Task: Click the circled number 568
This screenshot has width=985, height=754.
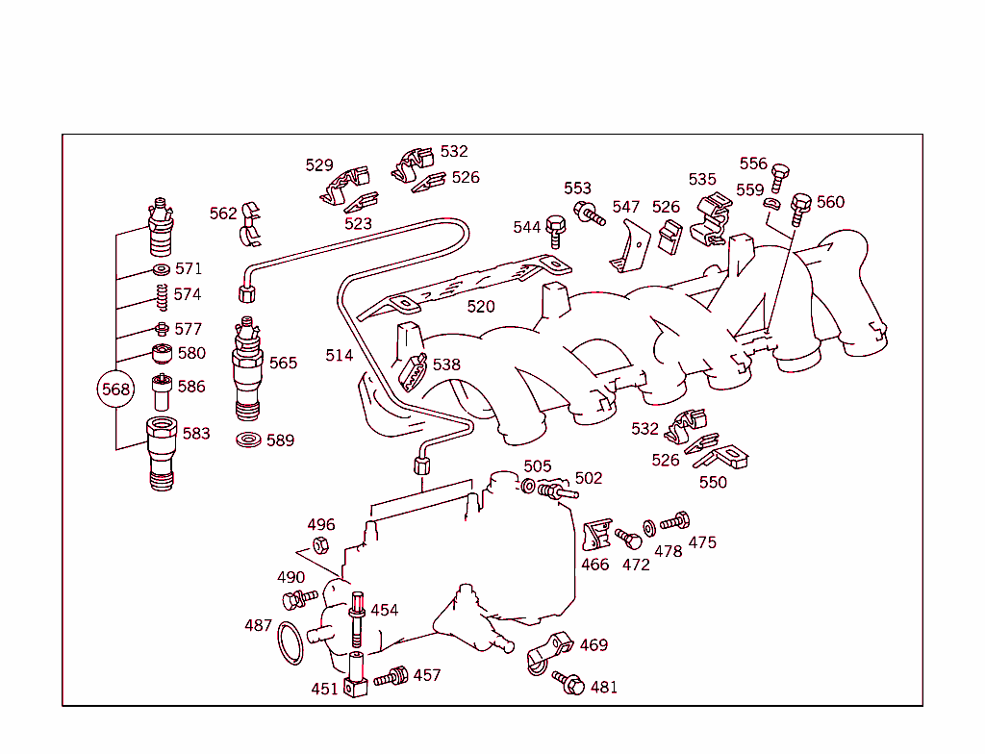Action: pos(114,390)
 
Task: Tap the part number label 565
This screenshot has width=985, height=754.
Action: pos(283,364)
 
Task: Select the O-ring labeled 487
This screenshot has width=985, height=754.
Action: pos(290,642)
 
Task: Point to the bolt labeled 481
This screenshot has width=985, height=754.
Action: pos(569,685)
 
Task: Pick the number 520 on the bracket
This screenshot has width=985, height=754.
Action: pos(481,307)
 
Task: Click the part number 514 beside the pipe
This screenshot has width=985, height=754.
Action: pos(340,356)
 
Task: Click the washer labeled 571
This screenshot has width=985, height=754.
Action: pos(161,268)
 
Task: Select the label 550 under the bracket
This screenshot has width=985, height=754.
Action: pos(713,483)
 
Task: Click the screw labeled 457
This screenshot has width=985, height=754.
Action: pos(391,677)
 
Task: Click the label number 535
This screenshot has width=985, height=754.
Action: pos(702,179)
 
